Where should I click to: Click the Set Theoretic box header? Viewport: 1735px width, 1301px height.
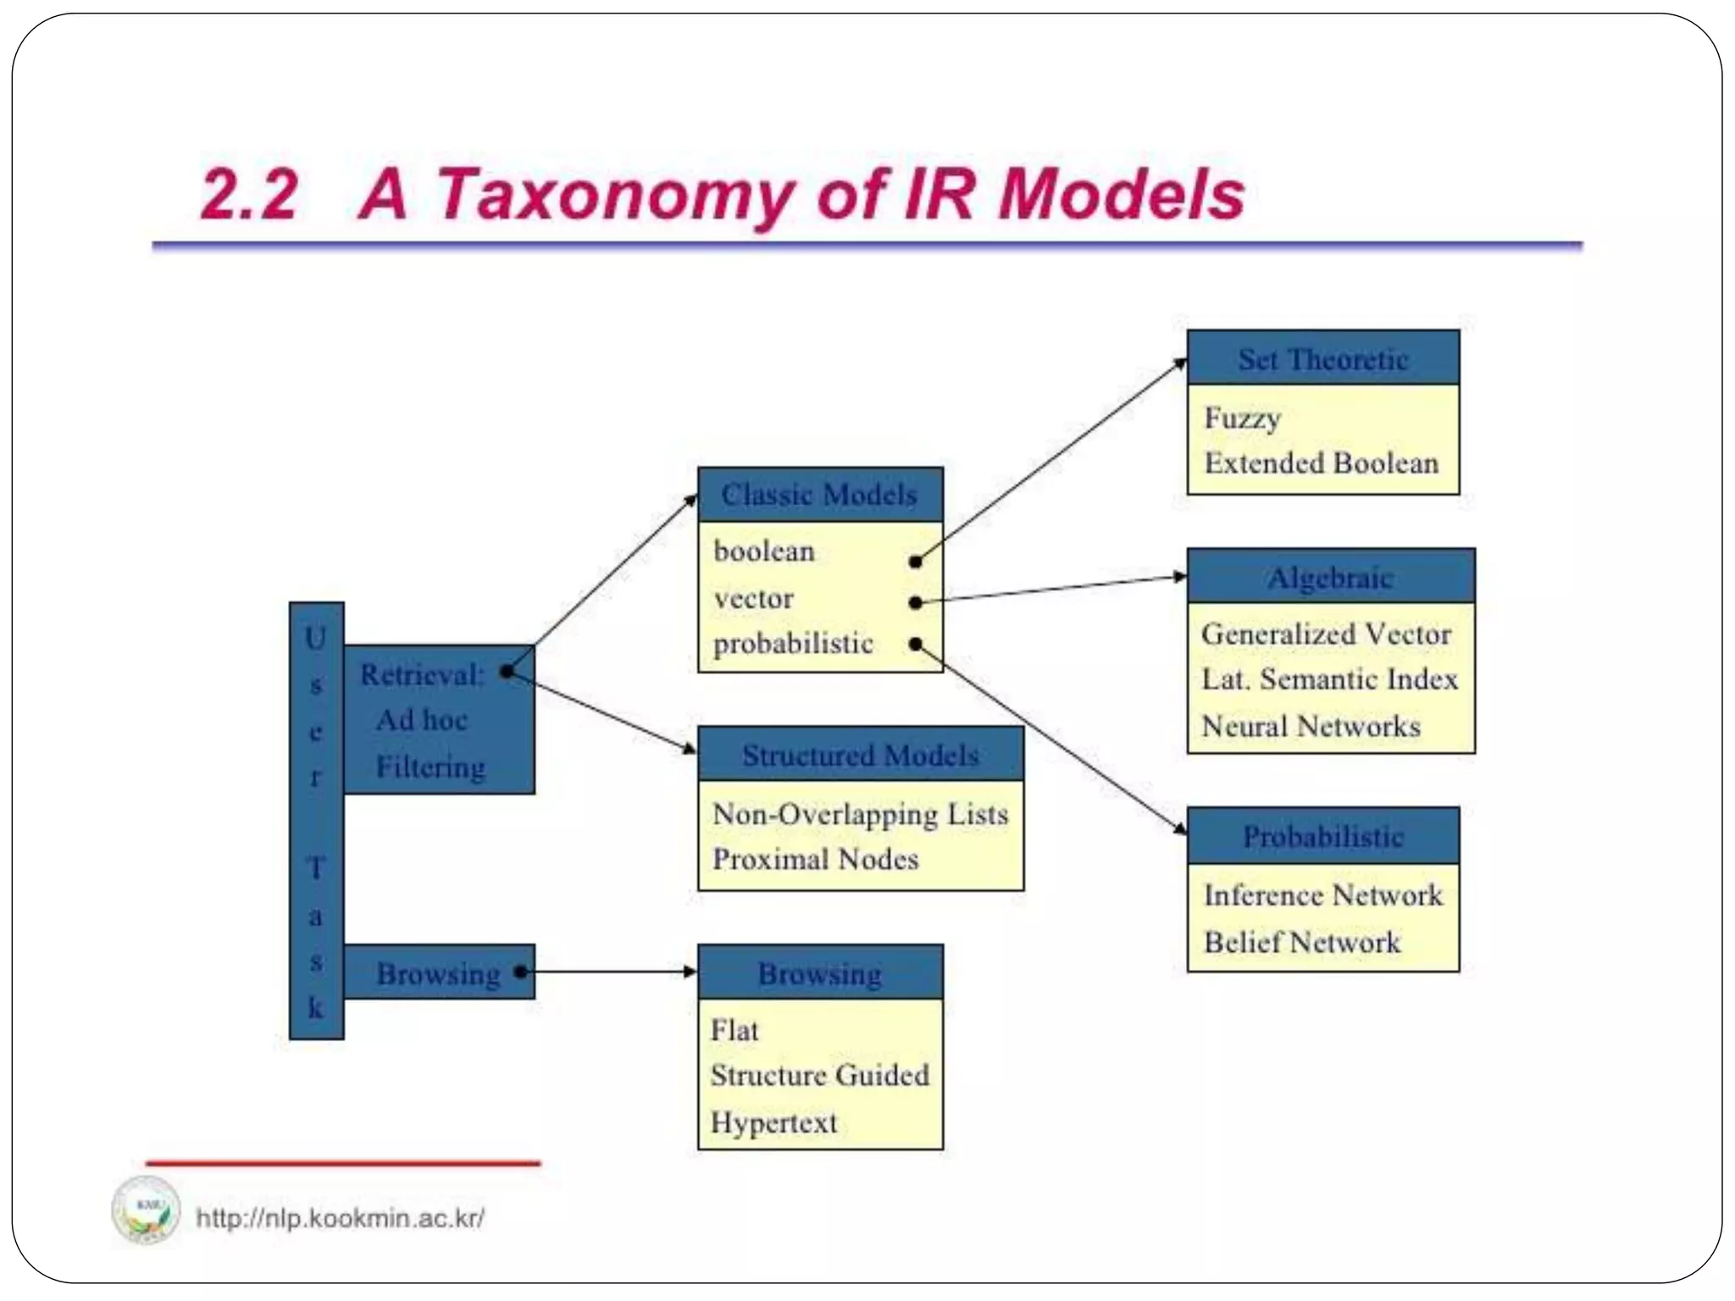click(x=1322, y=359)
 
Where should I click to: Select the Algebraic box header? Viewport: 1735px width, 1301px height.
click(x=1330, y=578)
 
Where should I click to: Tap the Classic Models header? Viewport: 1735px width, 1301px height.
click(x=819, y=495)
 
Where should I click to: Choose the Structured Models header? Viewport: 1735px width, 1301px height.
click(x=860, y=755)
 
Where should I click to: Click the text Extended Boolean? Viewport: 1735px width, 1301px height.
click(x=1321, y=463)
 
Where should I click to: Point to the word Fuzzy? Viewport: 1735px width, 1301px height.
click(x=1242, y=418)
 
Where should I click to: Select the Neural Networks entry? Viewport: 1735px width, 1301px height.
click(x=1311, y=727)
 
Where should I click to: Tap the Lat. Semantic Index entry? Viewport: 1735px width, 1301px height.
click(x=1329, y=679)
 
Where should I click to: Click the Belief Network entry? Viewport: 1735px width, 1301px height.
click(x=1301, y=943)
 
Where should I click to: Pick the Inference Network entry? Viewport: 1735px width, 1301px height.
click(x=1322, y=895)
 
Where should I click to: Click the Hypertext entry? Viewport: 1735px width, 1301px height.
click(x=773, y=1123)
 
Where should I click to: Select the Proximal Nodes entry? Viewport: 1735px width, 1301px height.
click(x=815, y=860)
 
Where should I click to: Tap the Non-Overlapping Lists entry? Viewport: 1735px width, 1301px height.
click(x=860, y=814)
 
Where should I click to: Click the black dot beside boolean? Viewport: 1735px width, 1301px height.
click(x=915, y=562)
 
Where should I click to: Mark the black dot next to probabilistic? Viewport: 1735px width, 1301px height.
click(x=915, y=645)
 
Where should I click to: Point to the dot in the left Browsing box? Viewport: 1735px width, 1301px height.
click(x=520, y=972)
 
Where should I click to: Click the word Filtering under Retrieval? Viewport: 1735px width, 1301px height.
click(x=430, y=767)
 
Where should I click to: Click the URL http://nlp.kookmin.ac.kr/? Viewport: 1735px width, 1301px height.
click(x=340, y=1219)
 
